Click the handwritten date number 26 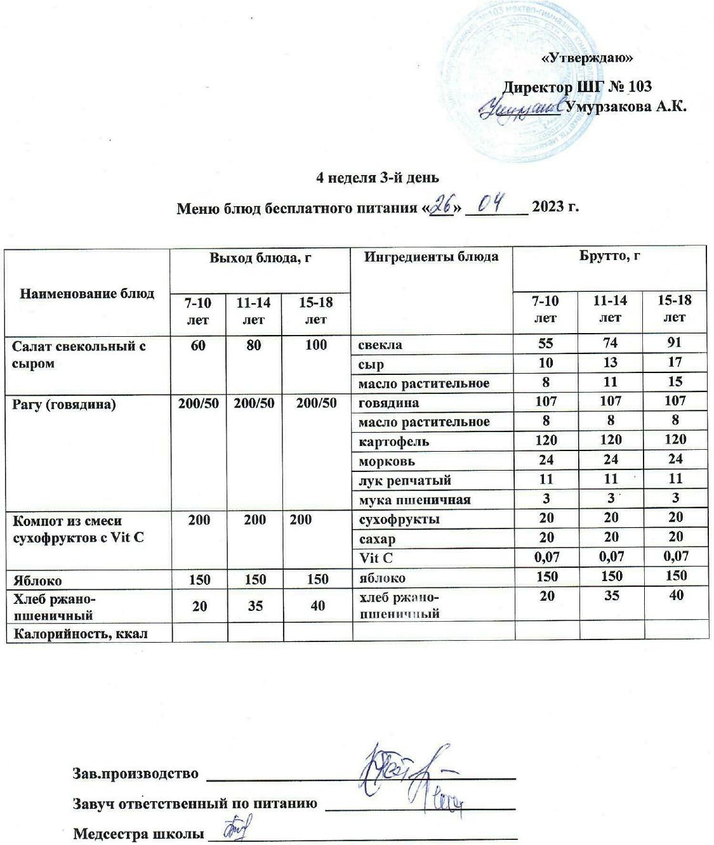coord(440,205)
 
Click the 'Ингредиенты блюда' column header coord(431,257)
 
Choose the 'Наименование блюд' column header coord(88,293)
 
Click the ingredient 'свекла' coord(380,345)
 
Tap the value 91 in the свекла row coord(674,343)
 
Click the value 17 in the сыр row coord(674,362)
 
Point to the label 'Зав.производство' coord(136,774)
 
